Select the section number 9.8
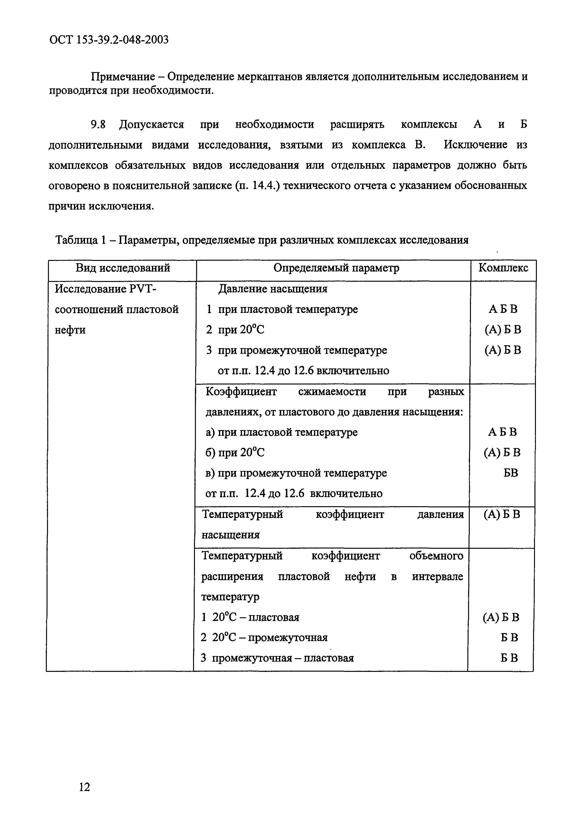[98, 125]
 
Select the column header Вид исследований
[123, 268]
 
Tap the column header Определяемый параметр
[336, 268]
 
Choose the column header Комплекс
[503, 268]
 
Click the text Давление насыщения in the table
[273, 289]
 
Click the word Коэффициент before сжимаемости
[241, 392]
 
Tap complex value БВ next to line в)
[511, 473]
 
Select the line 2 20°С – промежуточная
[264, 638]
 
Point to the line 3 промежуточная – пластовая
[277, 658]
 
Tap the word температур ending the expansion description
[230, 597]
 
